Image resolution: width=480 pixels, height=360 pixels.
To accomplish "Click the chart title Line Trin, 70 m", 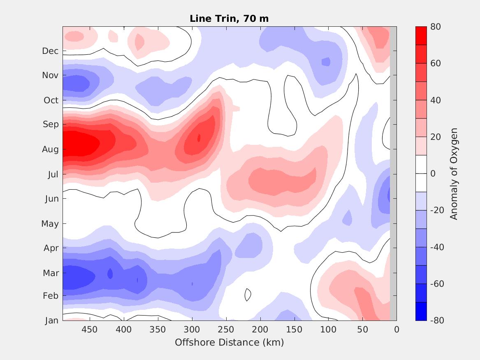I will pyautogui.click(x=229, y=19).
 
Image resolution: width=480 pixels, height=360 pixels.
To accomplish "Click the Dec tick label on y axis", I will pyautogui.click(x=50, y=51).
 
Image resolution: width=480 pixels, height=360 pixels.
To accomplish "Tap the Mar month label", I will pyautogui.click(x=51, y=273).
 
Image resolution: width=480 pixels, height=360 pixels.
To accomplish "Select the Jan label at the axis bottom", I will pyautogui.click(x=51, y=321).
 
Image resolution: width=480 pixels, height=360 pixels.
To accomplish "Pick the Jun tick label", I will pyautogui.click(x=51, y=199).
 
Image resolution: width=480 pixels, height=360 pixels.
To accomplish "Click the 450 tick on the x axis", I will pyautogui.click(x=89, y=330).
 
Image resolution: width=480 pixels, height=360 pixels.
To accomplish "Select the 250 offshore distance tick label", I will pyautogui.click(x=226, y=330).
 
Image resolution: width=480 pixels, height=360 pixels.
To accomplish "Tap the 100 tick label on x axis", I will pyautogui.click(x=328, y=330).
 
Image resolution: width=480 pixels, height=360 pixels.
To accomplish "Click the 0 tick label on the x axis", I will pyautogui.click(x=396, y=330).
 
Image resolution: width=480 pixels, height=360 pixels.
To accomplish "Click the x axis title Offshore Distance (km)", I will pyautogui.click(x=229, y=342).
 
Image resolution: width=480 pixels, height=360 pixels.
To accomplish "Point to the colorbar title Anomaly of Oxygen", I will pyautogui.click(x=454, y=174).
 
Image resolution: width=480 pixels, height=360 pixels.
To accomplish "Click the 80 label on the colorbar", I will pyautogui.click(x=436, y=27).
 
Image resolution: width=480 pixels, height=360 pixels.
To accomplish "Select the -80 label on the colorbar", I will pyautogui.click(x=436, y=320).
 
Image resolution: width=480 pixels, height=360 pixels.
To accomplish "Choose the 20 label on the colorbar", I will pyautogui.click(x=436, y=137).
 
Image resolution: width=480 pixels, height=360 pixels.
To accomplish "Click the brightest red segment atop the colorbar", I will pyautogui.click(x=421, y=36).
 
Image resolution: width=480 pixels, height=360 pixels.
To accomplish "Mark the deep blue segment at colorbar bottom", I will pyautogui.click(x=421, y=311).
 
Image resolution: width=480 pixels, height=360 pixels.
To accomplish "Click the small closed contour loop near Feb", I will pyautogui.click(x=248, y=294).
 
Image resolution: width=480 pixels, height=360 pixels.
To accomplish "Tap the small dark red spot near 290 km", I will pyautogui.click(x=199, y=138).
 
